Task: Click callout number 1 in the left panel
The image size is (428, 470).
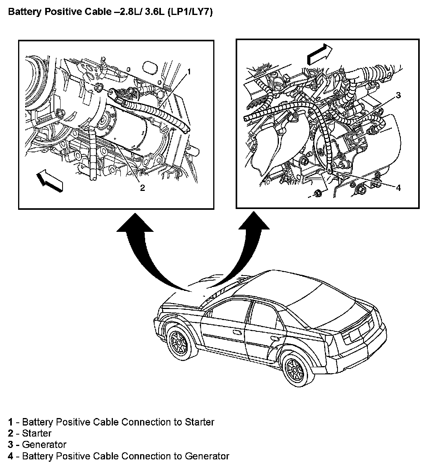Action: click(189, 71)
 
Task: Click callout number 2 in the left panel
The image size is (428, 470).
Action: click(142, 188)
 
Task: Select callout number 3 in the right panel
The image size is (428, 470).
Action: click(398, 95)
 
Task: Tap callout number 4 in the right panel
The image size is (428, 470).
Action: click(398, 188)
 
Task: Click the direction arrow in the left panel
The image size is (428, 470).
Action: click(50, 180)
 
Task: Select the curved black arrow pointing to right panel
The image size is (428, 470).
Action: click(244, 252)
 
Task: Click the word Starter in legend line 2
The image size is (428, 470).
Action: click(37, 433)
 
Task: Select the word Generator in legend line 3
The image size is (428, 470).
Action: click(44, 445)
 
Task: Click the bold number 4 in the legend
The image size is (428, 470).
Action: click(10, 456)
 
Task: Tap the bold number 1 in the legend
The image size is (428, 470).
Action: click(10, 422)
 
